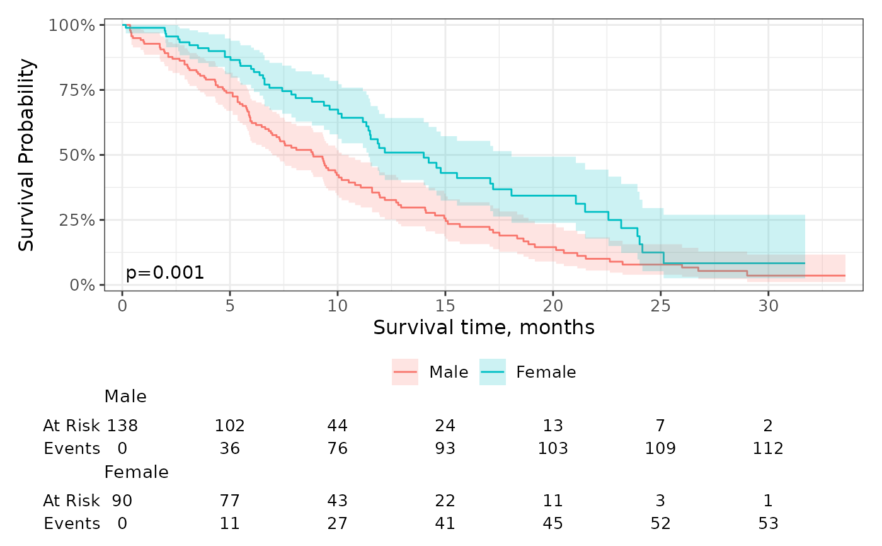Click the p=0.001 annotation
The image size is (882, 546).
(164, 272)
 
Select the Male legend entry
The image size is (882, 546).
(430, 372)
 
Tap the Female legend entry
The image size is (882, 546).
(528, 372)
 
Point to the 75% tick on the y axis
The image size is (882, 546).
(77, 90)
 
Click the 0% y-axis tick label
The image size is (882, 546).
(83, 285)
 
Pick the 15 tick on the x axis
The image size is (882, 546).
(445, 306)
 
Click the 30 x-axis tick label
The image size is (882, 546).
(768, 306)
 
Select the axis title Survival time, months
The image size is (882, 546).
(484, 327)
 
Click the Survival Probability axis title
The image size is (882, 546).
(26, 155)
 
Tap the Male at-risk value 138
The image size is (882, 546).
(122, 426)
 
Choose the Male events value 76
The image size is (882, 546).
(338, 448)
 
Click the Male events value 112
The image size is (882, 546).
(768, 448)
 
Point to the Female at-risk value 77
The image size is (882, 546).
(229, 501)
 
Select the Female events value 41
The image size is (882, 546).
(445, 523)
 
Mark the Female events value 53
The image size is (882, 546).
(768, 523)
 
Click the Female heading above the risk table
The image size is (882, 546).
(136, 472)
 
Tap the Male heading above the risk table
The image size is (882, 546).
(125, 397)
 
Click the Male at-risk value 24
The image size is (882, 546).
(445, 426)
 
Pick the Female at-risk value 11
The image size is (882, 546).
(553, 501)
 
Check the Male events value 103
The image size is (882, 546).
(553, 448)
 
